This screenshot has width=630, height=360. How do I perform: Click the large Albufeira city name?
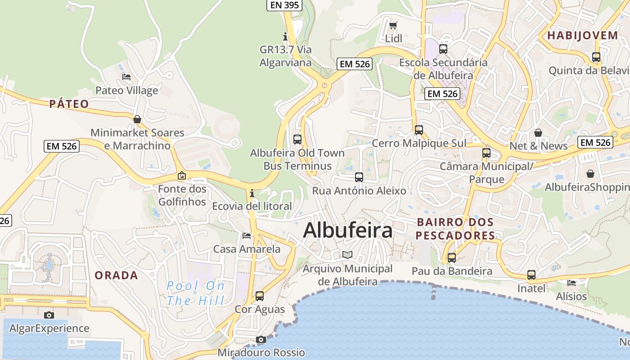pyautogui.click(x=348, y=230)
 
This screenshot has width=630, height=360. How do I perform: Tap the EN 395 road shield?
pyautogui.click(x=284, y=5)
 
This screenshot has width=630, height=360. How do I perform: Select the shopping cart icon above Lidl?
pyautogui.click(x=393, y=25)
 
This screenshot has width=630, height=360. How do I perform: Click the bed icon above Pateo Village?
pyautogui.click(x=126, y=77)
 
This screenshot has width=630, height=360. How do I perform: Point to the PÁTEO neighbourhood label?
pyautogui.click(x=69, y=104)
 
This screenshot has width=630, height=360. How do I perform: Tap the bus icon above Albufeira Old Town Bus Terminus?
pyautogui.click(x=297, y=139)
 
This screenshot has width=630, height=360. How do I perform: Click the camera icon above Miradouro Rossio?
pyautogui.click(x=261, y=339)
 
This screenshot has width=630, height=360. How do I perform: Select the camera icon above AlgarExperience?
pyautogui.click(x=49, y=315)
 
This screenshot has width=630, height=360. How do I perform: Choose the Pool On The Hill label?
pyautogui.click(x=196, y=293)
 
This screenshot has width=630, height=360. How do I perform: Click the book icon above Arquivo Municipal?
pyautogui.click(x=347, y=255)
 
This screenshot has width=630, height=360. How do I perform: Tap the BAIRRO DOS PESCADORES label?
pyautogui.click(x=455, y=229)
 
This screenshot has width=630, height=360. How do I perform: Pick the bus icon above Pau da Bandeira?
pyautogui.click(x=451, y=258)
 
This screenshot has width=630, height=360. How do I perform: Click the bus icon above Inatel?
pyautogui.click(x=531, y=275)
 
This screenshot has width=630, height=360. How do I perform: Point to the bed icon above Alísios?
pyautogui.click(x=571, y=283)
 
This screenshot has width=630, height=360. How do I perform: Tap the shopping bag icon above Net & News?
pyautogui.click(x=538, y=133)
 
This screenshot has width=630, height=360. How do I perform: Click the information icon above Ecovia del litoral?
pyautogui.click(x=252, y=193)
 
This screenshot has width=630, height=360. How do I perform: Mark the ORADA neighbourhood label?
pyautogui.click(x=116, y=275)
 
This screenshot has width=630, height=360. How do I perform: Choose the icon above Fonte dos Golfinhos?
pyautogui.click(x=182, y=175)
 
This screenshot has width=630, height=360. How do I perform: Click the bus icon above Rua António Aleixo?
pyautogui.click(x=359, y=177)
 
